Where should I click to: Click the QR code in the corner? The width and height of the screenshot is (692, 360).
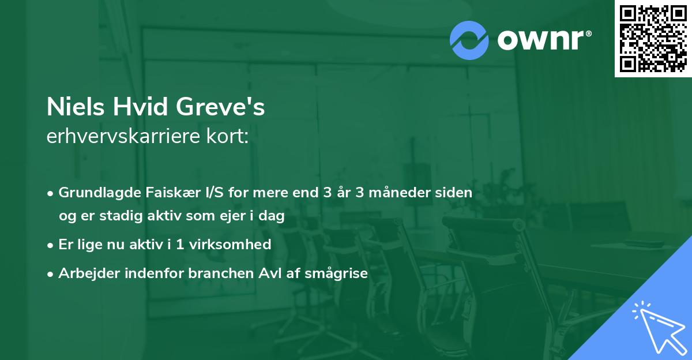click(x=653, y=38)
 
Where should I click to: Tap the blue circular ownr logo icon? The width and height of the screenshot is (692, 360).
click(x=469, y=40)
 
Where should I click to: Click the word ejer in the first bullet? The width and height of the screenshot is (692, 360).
click(x=227, y=216)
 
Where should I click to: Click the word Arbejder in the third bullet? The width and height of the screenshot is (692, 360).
click(x=84, y=273)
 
